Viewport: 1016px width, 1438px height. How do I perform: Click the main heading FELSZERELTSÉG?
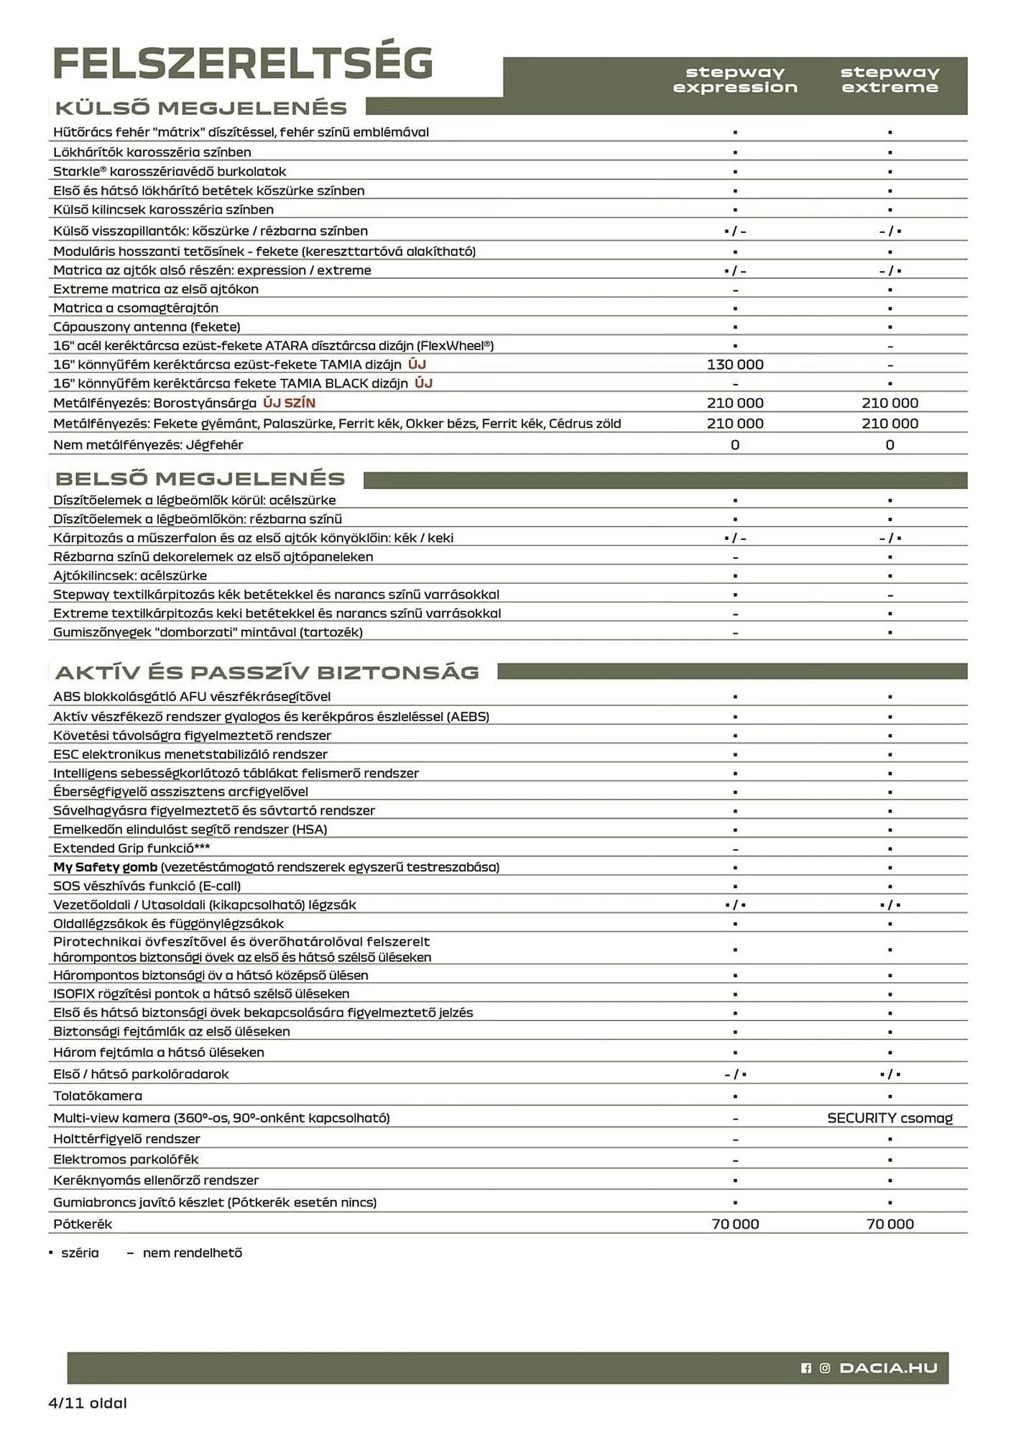[243, 63]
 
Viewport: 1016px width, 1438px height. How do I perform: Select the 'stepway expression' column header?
[735, 80]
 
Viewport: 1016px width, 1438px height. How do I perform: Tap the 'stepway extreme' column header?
[890, 80]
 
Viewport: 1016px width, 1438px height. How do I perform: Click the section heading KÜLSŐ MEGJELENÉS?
[201, 108]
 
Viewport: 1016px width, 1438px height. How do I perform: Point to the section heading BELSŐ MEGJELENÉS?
[200, 479]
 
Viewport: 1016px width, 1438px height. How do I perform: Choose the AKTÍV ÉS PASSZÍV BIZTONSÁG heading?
[267, 672]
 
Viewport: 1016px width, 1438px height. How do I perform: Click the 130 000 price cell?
[735, 365]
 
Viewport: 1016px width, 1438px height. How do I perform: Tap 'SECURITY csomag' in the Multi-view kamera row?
[890, 1118]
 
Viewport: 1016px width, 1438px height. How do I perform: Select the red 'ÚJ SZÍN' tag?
[289, 403]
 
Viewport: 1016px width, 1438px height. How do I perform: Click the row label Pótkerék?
[83, 1224]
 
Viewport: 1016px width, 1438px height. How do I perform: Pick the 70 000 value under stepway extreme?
[890, 1224]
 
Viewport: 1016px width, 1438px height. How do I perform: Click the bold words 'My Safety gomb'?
[105, 867]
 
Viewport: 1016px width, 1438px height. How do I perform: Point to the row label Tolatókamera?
[98, 1096]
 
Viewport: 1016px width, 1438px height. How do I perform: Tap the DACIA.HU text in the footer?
[888, 1368]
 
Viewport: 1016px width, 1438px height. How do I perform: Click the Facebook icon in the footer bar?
[806, 1368]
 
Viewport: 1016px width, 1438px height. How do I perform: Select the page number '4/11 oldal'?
[88, 1403]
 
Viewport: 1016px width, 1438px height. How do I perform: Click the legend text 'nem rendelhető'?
[192, 1252]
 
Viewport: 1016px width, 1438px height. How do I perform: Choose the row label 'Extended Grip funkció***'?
[131, 848]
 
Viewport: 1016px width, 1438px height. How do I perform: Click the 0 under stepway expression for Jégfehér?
[735, 445]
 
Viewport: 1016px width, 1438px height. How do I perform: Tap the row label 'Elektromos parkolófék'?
[126, 1159]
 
